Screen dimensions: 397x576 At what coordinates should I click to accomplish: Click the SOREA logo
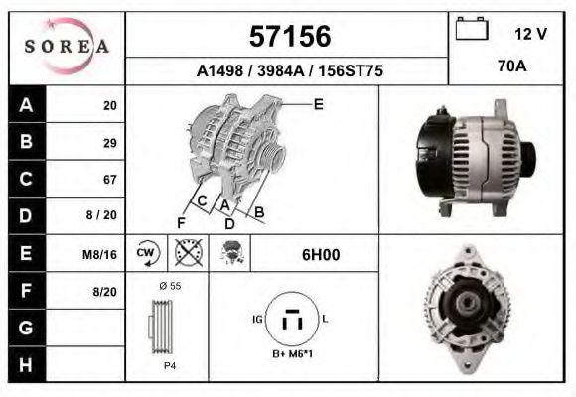click(67, 47)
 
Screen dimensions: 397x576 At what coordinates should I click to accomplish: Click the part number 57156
click(288, 37)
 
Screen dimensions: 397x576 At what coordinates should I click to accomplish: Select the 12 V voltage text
click(530, 34)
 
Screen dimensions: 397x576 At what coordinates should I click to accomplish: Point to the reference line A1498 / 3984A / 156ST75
click(289, 71)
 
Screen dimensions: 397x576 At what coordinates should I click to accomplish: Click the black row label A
click(26, 105)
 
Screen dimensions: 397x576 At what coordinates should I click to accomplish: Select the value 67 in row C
click(109, 180)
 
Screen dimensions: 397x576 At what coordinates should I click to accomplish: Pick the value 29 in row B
click(109, 142)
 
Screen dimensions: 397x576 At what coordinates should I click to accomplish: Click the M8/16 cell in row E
click(100, 254)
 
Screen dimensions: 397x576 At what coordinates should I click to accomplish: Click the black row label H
click(26, 364)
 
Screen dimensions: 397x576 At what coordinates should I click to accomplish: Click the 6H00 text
click(321, 254)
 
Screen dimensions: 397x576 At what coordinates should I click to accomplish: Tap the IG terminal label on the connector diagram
click(257, 319)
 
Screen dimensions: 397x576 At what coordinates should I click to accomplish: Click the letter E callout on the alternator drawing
click(318, 103)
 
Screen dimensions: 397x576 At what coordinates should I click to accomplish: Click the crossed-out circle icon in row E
click(187, 253)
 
